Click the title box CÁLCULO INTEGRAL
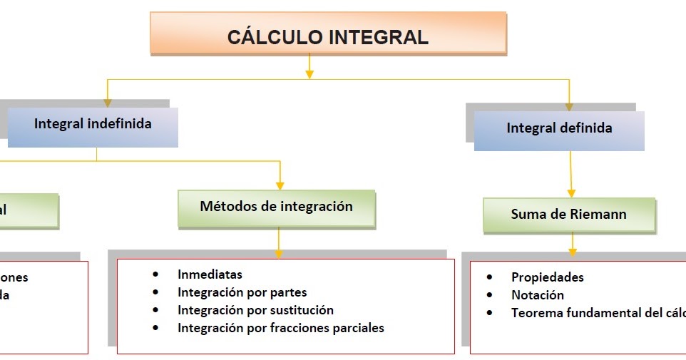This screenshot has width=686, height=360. pyautogui.click(x=327, y=35)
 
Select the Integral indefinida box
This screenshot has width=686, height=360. pyautogui.click(x=93, y=125)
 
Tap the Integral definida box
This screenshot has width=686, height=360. pyautogui.click(x=559, y=129)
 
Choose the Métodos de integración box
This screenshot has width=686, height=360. pyautogui.click(x=276, y=207)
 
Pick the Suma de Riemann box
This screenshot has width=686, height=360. pyautogui.click(x=568, y=214)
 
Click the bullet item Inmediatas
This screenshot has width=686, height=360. pyautogui.click(x=210, y=274)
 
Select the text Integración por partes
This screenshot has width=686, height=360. pyautogui.click(x=242, y=292)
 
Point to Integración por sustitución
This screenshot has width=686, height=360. pyautogui.click(x=255, y=310)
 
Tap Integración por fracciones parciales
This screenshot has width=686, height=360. pyautogui.click(x=280, y=328)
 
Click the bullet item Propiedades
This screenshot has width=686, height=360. pyautogui.click(x=547, y=277)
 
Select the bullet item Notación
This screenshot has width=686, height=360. pyautogui.click(x=537, y=295)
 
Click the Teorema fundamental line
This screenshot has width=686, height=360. pyautogui.click(x=598, y=313)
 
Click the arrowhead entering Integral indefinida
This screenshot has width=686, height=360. pyautogui.click(x=108, y=103)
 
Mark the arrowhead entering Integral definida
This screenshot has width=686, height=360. pyautogui.click(x=568, y=106)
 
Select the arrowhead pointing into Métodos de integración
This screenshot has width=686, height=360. pyautogui.click(x=280, y=185)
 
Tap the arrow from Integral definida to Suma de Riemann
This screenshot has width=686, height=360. pyautogui.click(x=570, y=175)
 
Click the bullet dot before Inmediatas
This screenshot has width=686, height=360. pyautogui.click(x=155, y=274)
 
